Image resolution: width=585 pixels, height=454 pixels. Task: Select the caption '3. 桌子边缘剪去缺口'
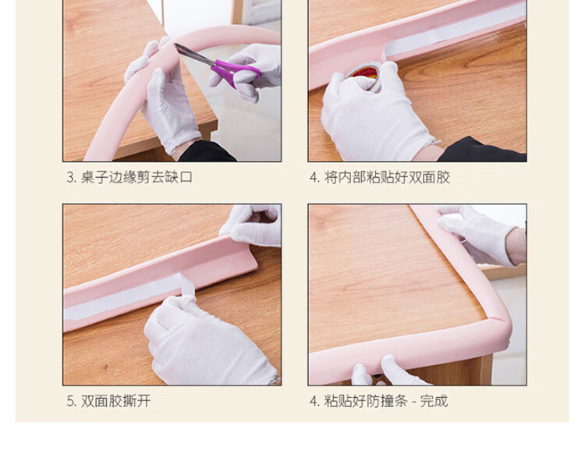pos(129,177)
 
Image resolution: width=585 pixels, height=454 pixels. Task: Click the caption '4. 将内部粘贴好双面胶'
pos(380,177)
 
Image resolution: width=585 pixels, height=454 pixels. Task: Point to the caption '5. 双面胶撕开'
pos(108,401)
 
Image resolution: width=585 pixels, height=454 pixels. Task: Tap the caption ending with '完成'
pos(378,401)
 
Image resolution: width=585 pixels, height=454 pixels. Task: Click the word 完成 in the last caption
pos(434,401)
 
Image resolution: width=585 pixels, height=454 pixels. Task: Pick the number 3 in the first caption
pos(70,178)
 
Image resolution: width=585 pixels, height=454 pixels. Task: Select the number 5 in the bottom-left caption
pos(70,402)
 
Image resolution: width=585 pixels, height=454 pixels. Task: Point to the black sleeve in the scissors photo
pos(207,151)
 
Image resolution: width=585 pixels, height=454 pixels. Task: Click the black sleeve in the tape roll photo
pos(481,150)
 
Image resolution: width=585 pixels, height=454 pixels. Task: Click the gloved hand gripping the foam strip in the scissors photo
pos(164,97)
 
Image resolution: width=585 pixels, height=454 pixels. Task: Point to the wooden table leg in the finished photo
pos(486,370)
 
